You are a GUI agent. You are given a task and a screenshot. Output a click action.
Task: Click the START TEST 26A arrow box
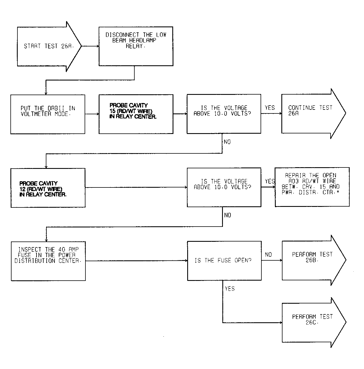(x=49, y=46)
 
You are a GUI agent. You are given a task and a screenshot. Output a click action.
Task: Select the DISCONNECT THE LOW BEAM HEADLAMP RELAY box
(x=136, y=46)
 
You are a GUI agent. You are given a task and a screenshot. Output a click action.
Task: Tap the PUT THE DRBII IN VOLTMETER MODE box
(x=48, y=114)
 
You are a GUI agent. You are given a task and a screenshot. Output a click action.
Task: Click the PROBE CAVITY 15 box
(x=136, y=114)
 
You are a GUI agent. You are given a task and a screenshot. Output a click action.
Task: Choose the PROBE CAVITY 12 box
(x=48, y=188)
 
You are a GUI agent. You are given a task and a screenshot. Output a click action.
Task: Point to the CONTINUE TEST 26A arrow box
(x=313, y=113)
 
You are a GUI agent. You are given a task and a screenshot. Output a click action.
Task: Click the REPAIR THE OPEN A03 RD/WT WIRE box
(x=312, y=187)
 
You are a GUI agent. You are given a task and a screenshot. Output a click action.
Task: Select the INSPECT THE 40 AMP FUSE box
(x=48, y=261)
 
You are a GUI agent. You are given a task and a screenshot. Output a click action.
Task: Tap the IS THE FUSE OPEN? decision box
(x=224, y=261)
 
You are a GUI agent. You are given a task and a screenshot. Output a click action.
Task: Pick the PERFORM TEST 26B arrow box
(x=314, y=260)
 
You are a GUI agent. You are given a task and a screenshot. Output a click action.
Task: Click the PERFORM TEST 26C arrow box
(x=314, y=323)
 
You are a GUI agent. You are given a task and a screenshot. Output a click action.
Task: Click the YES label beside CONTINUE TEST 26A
(x=270, y=108)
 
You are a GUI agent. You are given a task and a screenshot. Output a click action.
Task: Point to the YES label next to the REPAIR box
(x=270, y=181)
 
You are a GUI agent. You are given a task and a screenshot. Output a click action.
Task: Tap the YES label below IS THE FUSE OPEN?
(x=230, y=289)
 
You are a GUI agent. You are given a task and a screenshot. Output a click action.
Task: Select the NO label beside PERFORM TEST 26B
(x=268, y=254)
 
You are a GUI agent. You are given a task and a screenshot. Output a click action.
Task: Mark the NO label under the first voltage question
(x=227, y=142)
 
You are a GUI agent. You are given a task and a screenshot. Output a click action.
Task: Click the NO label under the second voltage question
(x=228, y=215)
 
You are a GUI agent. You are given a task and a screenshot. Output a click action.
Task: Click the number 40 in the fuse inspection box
(x=62, y=249)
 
